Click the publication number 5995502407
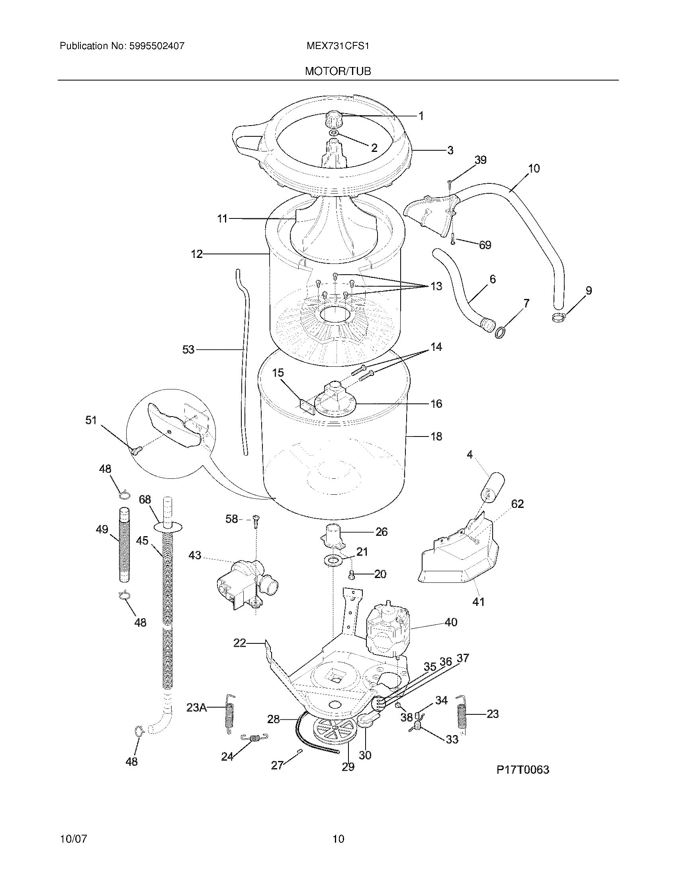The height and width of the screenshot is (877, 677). pos(157,46)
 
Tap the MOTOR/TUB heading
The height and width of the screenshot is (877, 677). pos(338,71)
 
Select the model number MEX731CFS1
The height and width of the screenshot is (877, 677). pos(338,46)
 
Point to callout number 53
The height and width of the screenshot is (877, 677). pos(188,350)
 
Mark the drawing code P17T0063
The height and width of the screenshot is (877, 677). pos(522,770)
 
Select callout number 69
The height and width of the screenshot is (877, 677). pos(485,245)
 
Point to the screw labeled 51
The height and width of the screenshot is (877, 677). pos(135,452)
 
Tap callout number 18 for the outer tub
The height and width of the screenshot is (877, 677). pos(436,436)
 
